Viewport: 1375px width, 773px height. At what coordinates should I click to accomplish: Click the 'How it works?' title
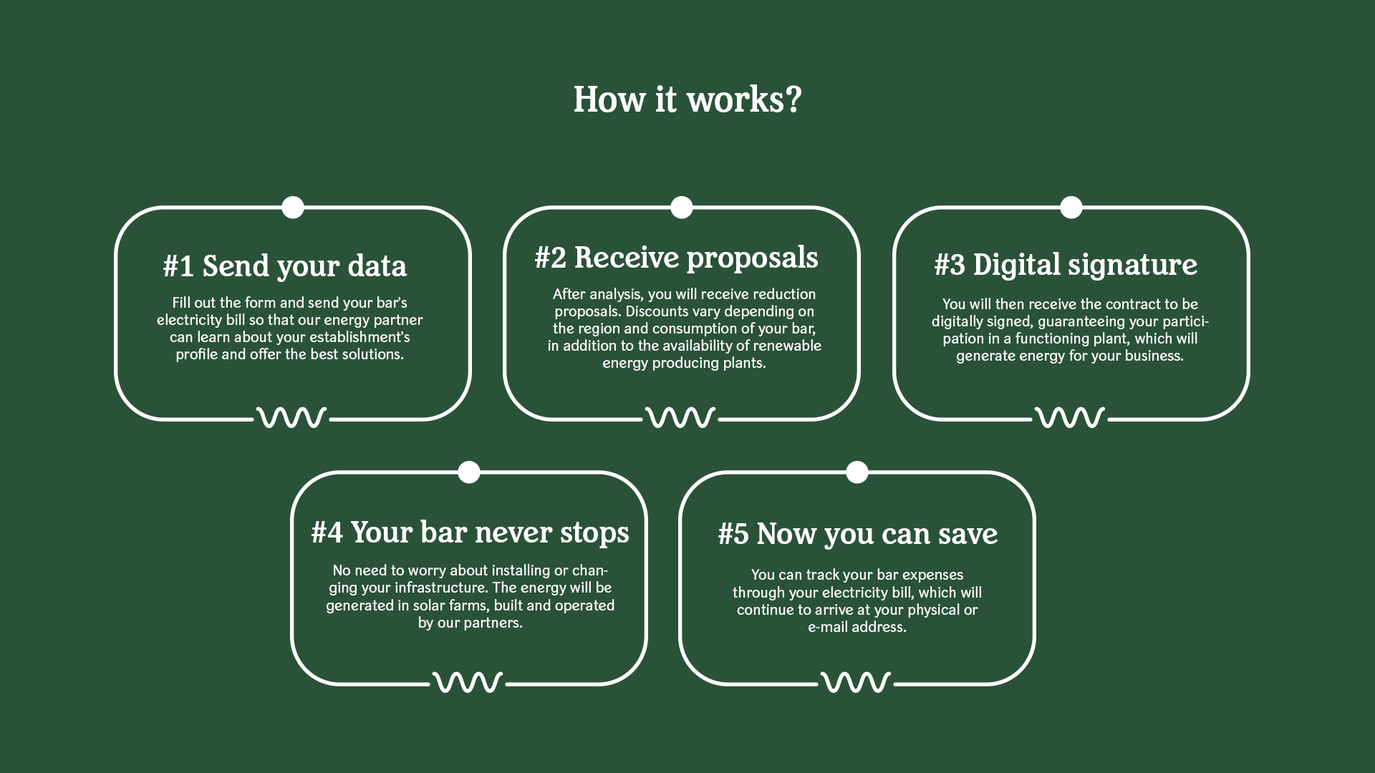[687, 99]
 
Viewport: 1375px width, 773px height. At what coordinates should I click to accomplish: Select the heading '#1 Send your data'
[285, 266]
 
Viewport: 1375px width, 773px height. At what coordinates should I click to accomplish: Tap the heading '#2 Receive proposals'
[676, 258]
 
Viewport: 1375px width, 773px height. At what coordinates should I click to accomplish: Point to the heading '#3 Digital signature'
[1066, 265]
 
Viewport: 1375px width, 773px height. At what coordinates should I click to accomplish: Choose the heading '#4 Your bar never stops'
[470, 533]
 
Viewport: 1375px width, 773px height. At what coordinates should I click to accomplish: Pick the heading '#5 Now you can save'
[857, 534]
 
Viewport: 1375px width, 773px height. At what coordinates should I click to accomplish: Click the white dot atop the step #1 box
[293, 208]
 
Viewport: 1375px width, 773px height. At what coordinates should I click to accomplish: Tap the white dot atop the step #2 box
[682, 208]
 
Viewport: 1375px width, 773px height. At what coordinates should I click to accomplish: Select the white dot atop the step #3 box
[1071, 208]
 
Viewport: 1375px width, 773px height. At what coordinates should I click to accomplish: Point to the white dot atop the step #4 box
[469, 472]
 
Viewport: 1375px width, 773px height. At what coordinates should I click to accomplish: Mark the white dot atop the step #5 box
[857, 472]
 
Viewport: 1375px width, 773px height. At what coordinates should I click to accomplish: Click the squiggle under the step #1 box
[291, 417]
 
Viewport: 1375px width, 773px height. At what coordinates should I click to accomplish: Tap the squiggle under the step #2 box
[680, 417]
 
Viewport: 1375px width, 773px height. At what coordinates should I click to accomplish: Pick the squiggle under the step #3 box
[1070, 417]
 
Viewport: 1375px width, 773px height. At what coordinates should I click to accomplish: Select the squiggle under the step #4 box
[468, 682]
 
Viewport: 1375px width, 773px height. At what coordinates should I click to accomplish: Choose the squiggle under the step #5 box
[856, 682]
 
